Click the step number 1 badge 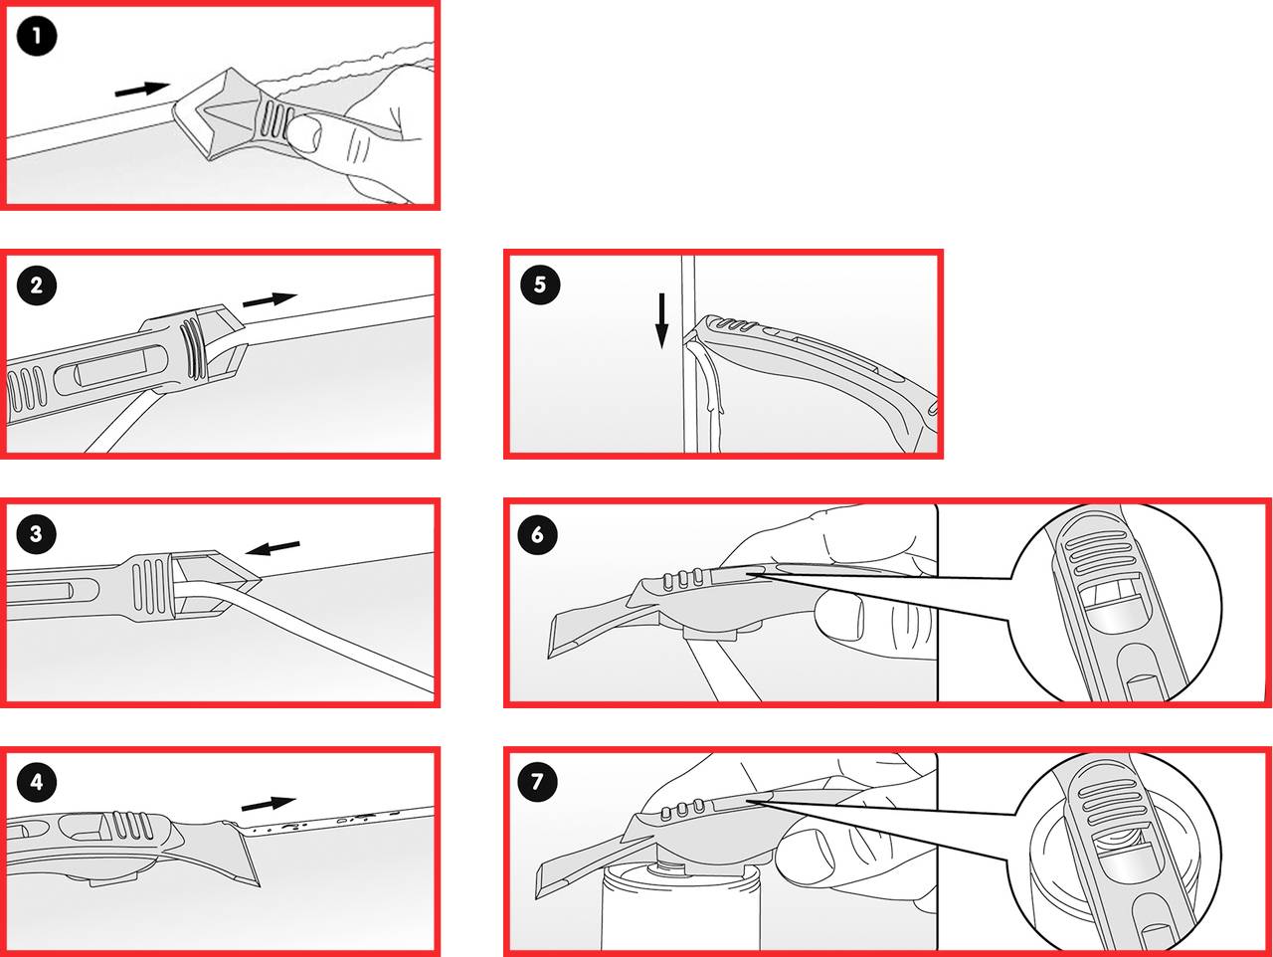tap(37, 38)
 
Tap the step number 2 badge tap(37, 287)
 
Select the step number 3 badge tap(37, 534)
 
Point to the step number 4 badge tap(37, 782)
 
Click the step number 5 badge tap(540, 286)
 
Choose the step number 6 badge tap(538, 534)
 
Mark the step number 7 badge tap(538, 782)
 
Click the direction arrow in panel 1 tap(142, 89)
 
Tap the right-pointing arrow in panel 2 tap(270, 298)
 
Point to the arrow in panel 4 tap(269, 802)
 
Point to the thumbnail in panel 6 tap(838, 615)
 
